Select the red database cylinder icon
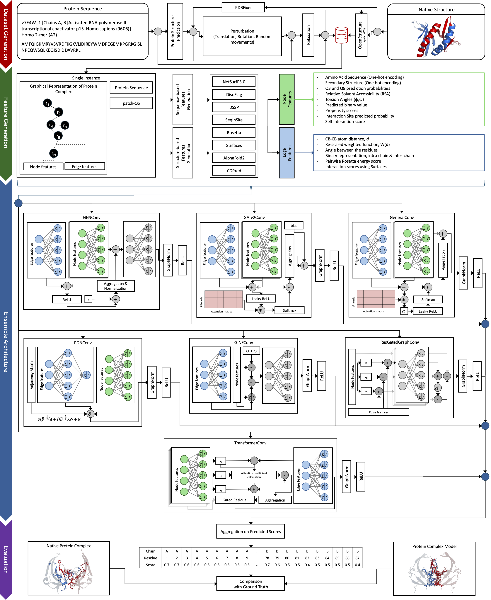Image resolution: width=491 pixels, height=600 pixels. (x=341, y=35)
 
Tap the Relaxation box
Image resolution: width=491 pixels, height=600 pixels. (x=308, y=35)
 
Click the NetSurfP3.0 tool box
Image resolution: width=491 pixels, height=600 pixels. (x=234, y=82)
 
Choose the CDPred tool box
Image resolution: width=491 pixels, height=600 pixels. (x=234, y=171)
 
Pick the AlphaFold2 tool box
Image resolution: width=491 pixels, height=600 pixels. (x=234, y=158)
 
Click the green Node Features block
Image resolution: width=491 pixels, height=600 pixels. (x=287, y=99)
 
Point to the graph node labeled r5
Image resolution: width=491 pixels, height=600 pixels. (x=58, y=136)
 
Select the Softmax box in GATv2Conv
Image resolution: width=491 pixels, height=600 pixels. (x=289, y=310)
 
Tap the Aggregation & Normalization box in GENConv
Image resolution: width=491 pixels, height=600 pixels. (x=115, y=286)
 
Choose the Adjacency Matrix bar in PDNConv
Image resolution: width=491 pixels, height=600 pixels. (x=31, y=375)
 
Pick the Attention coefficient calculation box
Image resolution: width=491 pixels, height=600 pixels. (x=254, y=475)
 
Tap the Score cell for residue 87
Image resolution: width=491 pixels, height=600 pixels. (x=357, y=565)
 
